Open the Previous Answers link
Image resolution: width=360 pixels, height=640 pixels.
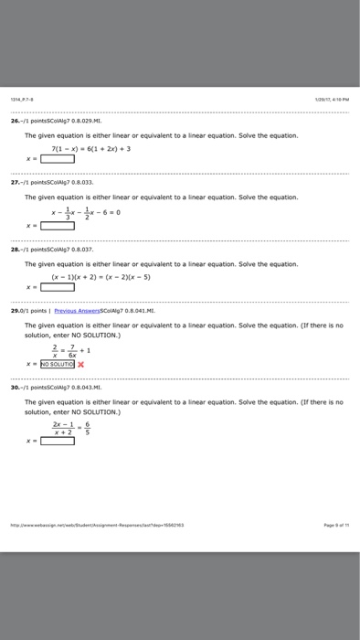coord(101,309)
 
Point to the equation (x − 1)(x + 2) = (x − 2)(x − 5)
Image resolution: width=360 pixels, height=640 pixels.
coord(113,273)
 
